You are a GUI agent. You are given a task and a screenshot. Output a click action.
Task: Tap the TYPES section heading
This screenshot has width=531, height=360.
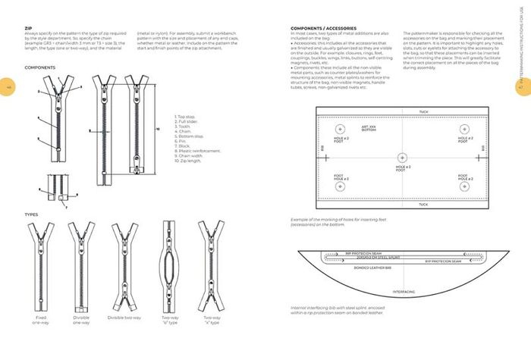[31, 214]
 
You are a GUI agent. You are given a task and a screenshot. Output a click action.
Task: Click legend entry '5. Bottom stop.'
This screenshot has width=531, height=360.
[190, 136]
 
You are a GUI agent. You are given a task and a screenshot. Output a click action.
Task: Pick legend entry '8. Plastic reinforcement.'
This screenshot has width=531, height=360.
[199, 151]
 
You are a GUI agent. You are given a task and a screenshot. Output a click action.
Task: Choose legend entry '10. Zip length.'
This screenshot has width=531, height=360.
[192, 161]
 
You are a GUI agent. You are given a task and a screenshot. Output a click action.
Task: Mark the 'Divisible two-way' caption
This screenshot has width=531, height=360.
[124, 318]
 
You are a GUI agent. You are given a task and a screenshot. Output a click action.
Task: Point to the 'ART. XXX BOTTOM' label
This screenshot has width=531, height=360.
[370, 128]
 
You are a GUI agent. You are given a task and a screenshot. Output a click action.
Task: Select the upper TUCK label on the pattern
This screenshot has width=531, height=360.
[423, 111]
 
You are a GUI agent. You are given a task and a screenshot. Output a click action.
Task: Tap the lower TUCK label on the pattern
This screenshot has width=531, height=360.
[423, 205]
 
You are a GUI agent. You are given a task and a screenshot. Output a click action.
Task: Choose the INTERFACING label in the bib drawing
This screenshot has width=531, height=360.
[404, 291]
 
